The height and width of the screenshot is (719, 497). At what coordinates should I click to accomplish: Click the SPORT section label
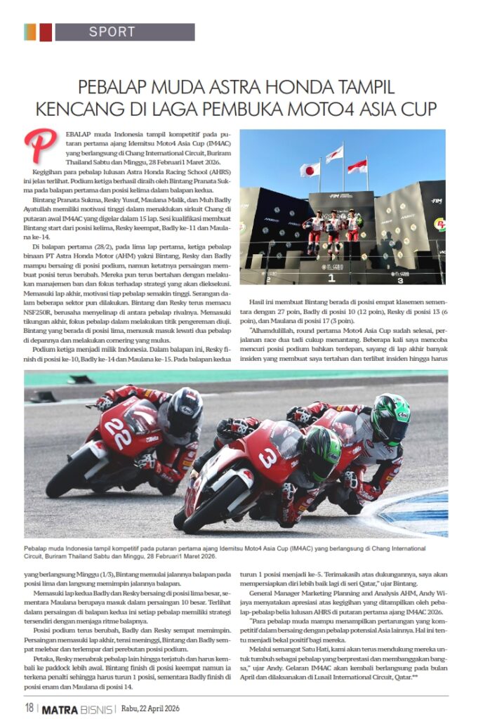(x=112, y=32)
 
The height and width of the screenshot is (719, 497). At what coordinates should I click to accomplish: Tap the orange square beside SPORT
(x=30, y=32)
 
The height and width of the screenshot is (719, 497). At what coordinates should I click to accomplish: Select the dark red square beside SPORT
(x=46, y=32)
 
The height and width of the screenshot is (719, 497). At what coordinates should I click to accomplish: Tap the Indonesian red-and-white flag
(x=357, y=166)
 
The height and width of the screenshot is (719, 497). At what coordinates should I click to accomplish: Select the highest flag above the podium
(x=334, y=154)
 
